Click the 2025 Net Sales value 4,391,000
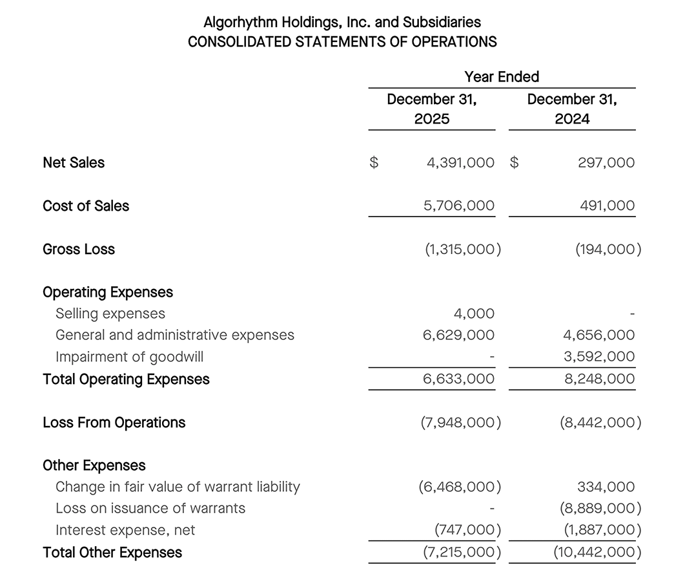click(460, 163)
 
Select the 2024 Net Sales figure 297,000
click(606, 163)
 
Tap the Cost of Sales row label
click(86, 206)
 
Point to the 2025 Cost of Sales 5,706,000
click(458, 206)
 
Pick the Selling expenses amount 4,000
click(474, 314)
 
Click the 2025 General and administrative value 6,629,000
click(458, 335)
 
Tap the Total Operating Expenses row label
click(126, 379)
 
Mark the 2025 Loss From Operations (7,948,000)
click(461, 423)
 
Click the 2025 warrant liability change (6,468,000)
click(460, 487)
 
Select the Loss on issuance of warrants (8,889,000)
click(600, 509)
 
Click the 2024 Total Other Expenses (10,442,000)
click(597, 553)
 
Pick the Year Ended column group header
click(502, 77)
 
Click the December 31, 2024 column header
click(572, 109)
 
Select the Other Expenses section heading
click(94, 465)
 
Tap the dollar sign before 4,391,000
click(373, 163)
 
